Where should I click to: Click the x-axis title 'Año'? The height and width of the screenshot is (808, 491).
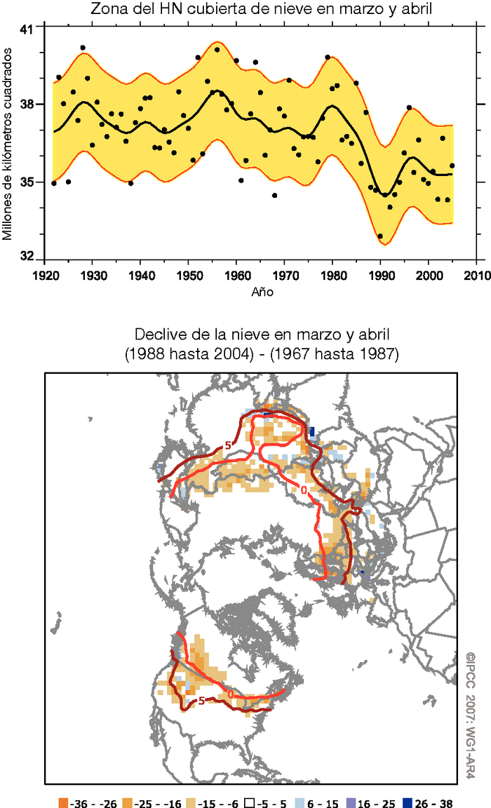pyautogui.click(x=262, y=290)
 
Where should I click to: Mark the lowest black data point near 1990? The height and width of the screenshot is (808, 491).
pyautogui.click(x=380, y=236)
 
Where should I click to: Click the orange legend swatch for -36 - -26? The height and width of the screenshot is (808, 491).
pyautogui.click(x=63, y=799)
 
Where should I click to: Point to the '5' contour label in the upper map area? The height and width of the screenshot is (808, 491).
pyautogui.click(x=228, y=445)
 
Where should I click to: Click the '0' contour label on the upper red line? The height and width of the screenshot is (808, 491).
pyautogui.click(x=303, y=490)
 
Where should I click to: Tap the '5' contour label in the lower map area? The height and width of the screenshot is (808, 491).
pyautogui.click(x=201, y=700)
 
